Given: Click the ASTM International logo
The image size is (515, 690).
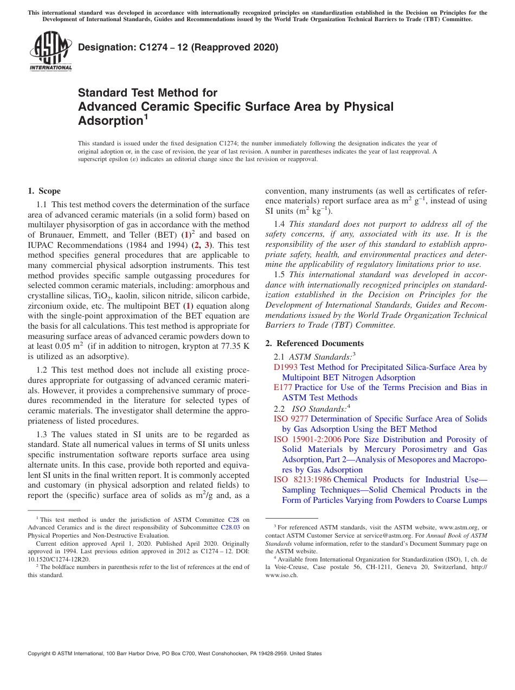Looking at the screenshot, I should coord(50,52).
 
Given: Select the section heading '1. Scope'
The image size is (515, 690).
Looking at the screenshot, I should coord(44,191).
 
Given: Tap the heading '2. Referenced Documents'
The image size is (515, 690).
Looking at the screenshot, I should coord(314,343).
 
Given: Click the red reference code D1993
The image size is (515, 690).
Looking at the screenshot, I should coord(286,367).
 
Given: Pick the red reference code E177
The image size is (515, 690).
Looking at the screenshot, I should coord(283,387).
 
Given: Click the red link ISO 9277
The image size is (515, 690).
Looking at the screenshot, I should coord(291,419).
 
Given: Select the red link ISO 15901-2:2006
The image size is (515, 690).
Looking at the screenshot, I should coord(307,439).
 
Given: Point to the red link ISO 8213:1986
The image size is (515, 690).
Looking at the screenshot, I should coord(302,480).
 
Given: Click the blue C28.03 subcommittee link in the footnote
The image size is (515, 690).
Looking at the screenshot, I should coord(230,527).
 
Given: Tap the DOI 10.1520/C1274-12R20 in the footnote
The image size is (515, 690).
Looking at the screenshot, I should coord(59,559).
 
